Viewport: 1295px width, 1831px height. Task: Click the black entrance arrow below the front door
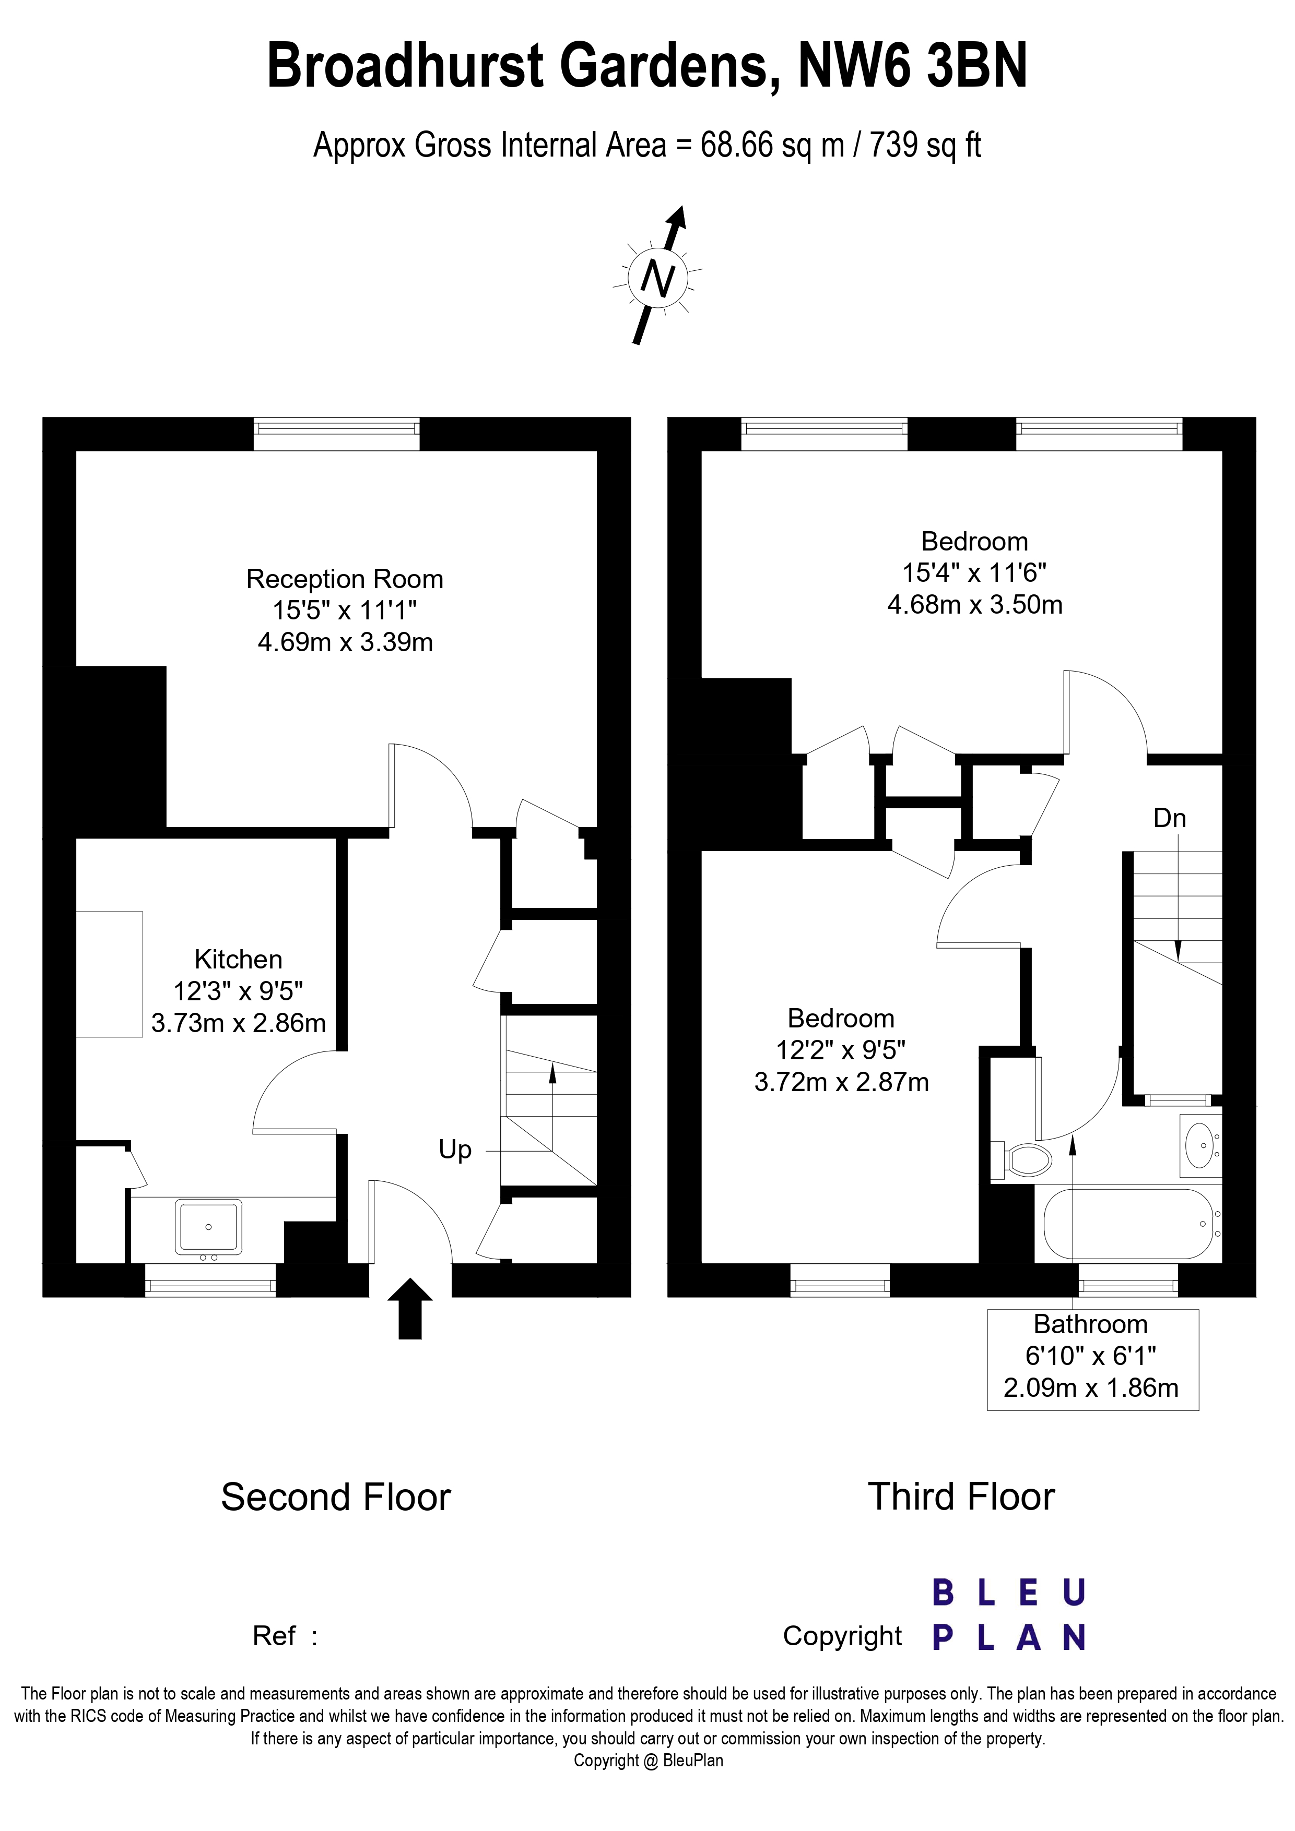click(409, 1308)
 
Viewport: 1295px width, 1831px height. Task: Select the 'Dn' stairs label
click(1170, 818)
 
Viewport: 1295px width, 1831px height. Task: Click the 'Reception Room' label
click(345, 579)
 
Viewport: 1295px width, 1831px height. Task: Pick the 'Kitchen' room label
click(239, 960)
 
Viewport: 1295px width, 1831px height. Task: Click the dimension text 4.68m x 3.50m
click(975, 604)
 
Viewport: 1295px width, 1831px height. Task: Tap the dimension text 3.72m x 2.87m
click(842, 1082)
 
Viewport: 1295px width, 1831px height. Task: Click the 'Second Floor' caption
click(336, 1497)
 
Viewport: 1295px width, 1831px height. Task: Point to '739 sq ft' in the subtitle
click(926, 146)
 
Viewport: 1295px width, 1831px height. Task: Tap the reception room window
click(337, 434)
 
